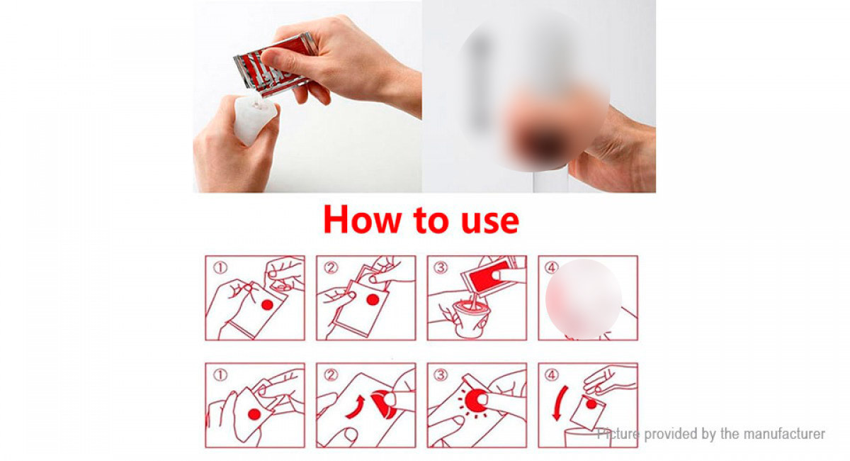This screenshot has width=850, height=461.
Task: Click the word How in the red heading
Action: click(363, 220)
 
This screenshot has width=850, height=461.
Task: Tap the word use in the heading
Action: click(490, 223)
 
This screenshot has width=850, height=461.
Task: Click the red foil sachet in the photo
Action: click(275, 65)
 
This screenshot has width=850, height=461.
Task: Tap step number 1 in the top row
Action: click(220, 268)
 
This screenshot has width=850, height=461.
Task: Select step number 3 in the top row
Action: click(441, 268)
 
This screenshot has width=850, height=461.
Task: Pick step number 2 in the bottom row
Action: click(331, 375)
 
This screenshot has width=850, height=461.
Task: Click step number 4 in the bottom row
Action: click(551, 375)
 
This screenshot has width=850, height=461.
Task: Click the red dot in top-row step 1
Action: click(267, 305)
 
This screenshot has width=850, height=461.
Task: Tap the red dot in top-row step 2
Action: click(373, 300)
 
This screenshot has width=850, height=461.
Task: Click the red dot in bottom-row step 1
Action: click(254, 414)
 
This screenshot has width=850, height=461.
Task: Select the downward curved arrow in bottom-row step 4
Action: click(558, 403)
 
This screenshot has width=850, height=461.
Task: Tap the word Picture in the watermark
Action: click(618, 433)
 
